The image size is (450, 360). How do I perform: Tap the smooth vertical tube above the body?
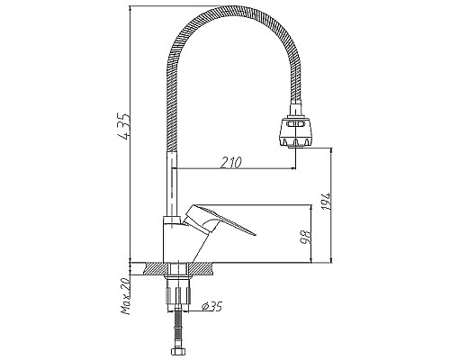point(171,184)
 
